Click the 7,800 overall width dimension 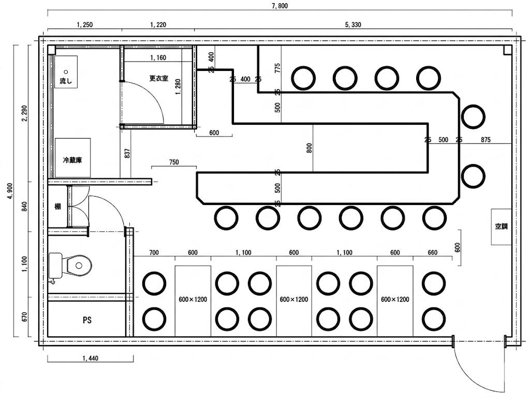(279, 6)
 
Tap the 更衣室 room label (158, 78)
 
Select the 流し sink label (66, 81)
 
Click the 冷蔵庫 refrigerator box (72, 157)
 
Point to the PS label (87, 320)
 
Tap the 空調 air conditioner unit (501, 227)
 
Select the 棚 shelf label (58, 207)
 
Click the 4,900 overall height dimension (10, 191)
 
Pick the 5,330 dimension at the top (353, 24)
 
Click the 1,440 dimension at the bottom (90, 358)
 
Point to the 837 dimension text (127, 154)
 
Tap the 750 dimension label (174, 162)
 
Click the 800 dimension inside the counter (310, 148)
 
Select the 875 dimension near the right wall (485, 139)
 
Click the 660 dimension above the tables (432, 252)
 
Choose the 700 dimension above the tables (154, 252)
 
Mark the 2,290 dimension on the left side (24, 114)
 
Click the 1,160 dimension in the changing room (158, 57)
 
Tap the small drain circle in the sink (66, 72)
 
